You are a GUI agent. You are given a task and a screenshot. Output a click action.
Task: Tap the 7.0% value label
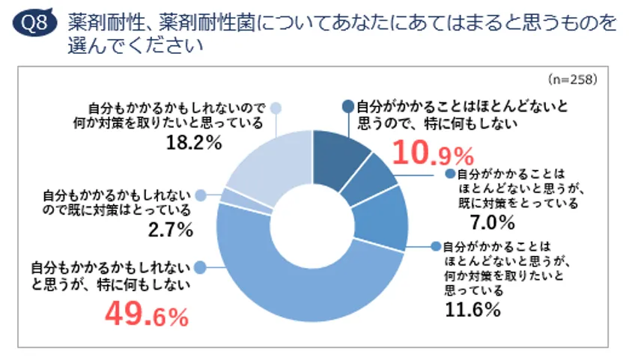tap(493, 222)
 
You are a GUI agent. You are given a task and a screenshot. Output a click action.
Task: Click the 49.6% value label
tap(147, 315)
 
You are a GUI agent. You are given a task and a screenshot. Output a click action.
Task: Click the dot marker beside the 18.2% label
tap(276, 107)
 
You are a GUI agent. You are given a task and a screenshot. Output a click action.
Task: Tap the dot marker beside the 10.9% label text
tap(348, 107)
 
